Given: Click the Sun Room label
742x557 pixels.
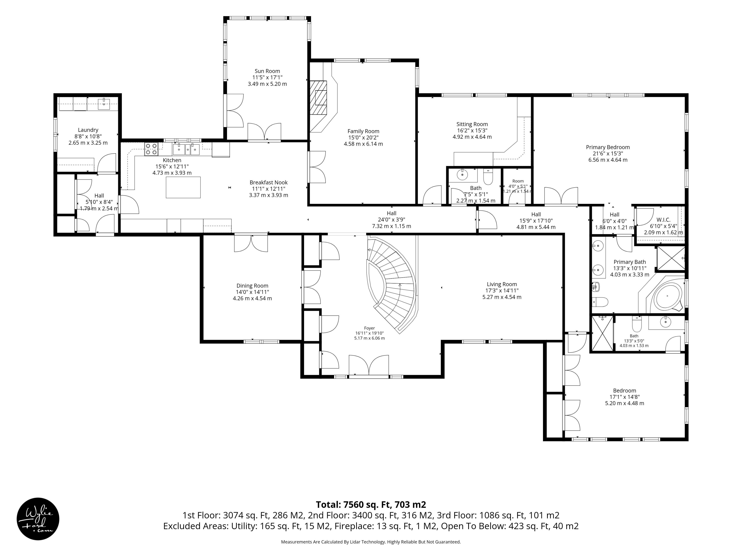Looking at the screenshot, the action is point(267,71).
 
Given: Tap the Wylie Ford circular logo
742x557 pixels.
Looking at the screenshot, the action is point(38,519).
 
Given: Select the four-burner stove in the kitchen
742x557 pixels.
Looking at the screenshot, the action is point(151,149).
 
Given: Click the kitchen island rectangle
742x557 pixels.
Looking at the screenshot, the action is point(183,187).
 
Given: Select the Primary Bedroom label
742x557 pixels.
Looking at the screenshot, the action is point(608,147).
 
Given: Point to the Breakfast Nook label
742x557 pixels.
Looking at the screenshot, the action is point(269,182).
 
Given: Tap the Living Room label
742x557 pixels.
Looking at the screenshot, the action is point(502,284).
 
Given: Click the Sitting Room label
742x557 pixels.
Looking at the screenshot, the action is point(472,124).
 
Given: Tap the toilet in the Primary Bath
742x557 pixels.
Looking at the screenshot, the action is point(600,302).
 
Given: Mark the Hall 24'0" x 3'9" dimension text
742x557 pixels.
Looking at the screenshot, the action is point(391,220).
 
